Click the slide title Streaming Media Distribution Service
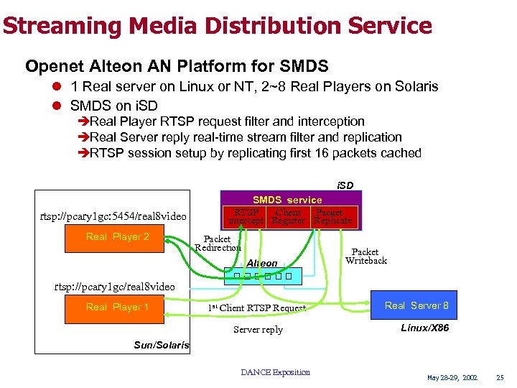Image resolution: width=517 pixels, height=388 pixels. [x=216, y=27]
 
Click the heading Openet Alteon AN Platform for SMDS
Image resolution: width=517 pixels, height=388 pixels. [x=177, y=67]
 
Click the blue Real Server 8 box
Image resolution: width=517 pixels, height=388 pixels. [x=416, y=305]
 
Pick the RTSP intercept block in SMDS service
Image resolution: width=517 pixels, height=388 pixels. [x=246, y=216]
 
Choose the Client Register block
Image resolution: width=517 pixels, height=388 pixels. [x=288, y=216]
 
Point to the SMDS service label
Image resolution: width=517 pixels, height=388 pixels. [x=287, y=200]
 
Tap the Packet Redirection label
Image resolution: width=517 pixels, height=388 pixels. [x=218, y=243]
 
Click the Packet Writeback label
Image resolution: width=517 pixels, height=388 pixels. [x=365, y=256]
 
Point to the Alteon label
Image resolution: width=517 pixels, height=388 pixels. [x=261, y=264]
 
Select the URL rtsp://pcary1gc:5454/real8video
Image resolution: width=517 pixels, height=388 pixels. [x=113, y=216]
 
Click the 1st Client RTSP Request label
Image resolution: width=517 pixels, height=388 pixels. [x=256, y=308]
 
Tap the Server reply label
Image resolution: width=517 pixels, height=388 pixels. [x=258, y=330]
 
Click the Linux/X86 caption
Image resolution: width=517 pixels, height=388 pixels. [x=417, y=328]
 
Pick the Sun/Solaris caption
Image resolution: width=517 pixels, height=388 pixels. [x=162, y=345]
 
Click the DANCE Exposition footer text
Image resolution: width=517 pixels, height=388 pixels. [x=275, y=372]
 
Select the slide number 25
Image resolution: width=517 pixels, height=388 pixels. [x=500, y=377]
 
